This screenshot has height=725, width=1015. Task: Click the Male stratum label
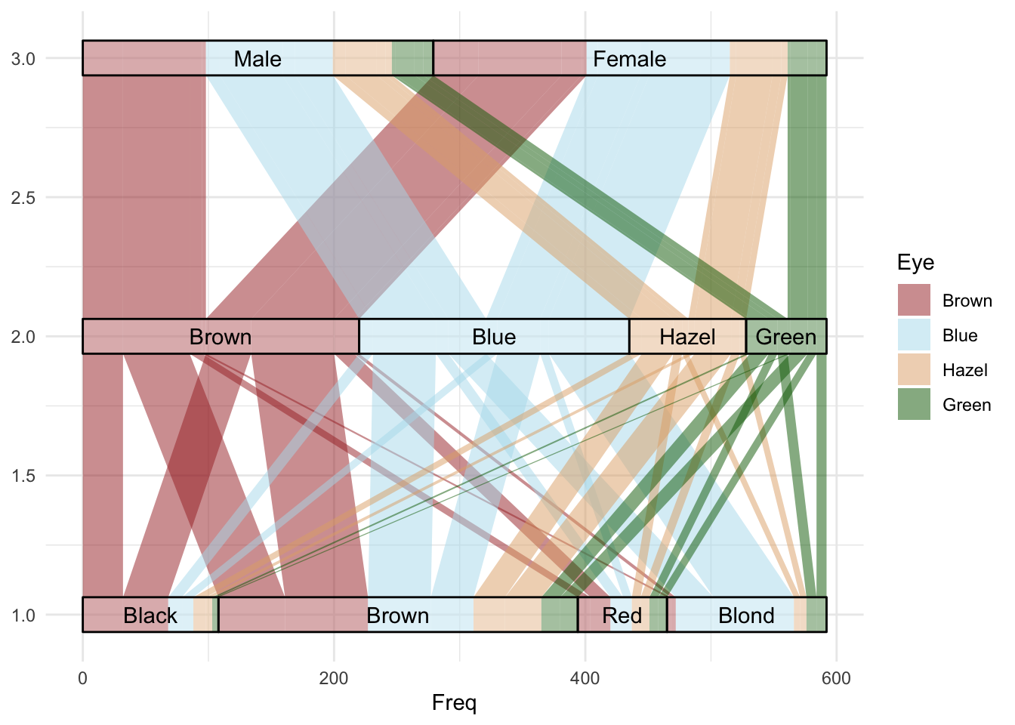[x=258, y=59]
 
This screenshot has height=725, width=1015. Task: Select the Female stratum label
[x=629, y=59]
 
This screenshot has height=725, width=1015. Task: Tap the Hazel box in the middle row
[x=687, y=337]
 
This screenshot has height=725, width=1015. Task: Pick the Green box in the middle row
[x=786, y=337]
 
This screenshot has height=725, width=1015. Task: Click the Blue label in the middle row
[x=494, y=337]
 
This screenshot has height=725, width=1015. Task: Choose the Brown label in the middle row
[x=221, y=337]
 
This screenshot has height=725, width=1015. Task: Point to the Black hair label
[x=150, y=615]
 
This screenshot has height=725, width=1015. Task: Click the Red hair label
[x=622, y=615]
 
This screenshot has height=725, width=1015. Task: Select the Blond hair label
[x=746, y=615]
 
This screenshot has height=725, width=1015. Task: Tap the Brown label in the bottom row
[x=397, y=615]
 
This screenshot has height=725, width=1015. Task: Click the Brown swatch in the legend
[x=914, y=301]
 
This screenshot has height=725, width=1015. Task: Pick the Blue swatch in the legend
[x=914, y=335]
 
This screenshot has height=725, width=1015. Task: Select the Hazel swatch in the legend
[x=914, y=370]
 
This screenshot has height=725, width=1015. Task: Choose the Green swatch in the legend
[x=914, y=405]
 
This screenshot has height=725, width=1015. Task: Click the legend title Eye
[x=915, y=263]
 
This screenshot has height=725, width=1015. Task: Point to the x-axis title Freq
[x=454, y=703]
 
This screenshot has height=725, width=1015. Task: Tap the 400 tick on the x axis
[x=585, y=678]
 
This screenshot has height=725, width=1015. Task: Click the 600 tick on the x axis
[x=836, y=678]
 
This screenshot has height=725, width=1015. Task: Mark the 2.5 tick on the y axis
[x=23, y=198]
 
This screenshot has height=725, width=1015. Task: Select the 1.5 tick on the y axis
[x=23, y=476]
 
